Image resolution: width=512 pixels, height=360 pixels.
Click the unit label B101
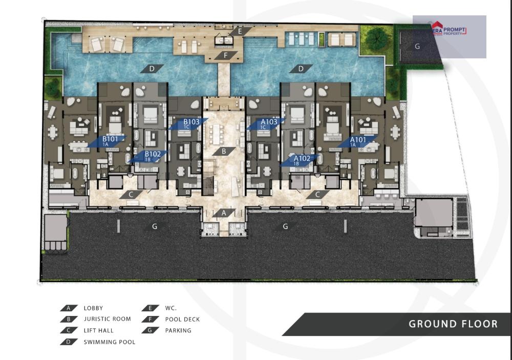110,139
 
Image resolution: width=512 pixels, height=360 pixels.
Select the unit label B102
153,154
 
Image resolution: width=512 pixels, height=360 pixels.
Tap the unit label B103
191,122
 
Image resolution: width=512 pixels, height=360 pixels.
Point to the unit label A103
269,122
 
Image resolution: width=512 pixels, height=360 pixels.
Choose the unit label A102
302,158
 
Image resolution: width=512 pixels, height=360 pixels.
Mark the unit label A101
358,140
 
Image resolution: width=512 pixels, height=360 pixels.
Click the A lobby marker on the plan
224,214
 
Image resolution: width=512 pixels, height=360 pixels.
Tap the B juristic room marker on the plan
224,151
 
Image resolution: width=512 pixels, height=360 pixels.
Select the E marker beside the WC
240,31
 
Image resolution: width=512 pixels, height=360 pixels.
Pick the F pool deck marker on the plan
226,55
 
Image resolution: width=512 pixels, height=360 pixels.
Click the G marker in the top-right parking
417,47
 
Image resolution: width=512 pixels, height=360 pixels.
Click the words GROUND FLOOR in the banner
453,324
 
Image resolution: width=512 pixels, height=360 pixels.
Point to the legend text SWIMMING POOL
110,342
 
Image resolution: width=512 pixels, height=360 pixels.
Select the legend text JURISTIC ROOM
107,319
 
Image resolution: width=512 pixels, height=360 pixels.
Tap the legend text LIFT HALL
99,330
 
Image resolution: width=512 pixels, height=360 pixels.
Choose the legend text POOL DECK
182,319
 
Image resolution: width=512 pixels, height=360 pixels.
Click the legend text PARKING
178,330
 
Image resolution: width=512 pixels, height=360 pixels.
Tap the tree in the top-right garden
377,37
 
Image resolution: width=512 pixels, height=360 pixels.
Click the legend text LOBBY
93,308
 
